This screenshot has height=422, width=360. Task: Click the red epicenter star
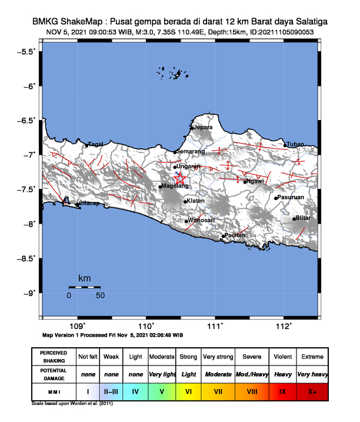pos(180,178)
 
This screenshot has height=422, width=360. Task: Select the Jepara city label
pos(203,127)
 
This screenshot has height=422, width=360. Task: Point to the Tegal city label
pos(96,144)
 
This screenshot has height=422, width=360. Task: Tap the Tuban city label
pos(295,144)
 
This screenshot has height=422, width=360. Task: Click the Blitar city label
pos(303,218)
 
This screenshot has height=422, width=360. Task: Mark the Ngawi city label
pos(255,181)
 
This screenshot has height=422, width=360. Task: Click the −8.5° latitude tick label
pos(25,258)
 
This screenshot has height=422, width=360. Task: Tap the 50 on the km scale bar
pos(100,295)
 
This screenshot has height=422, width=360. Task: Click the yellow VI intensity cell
pos(188,391)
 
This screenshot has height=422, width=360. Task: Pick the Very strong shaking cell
pos(217,357)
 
